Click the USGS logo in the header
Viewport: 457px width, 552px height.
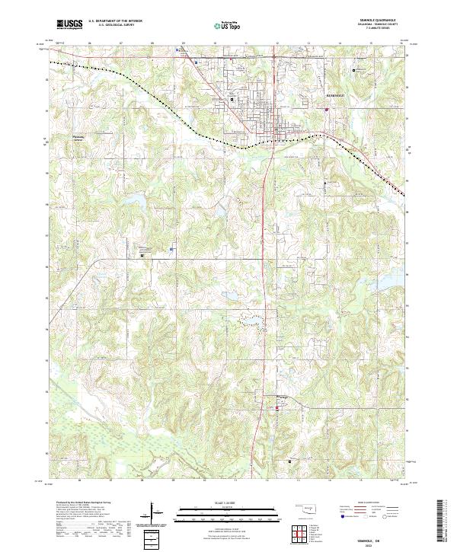pos(69,24)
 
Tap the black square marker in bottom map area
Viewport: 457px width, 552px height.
pos(289,460)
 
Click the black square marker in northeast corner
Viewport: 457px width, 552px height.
pos(354,70)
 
